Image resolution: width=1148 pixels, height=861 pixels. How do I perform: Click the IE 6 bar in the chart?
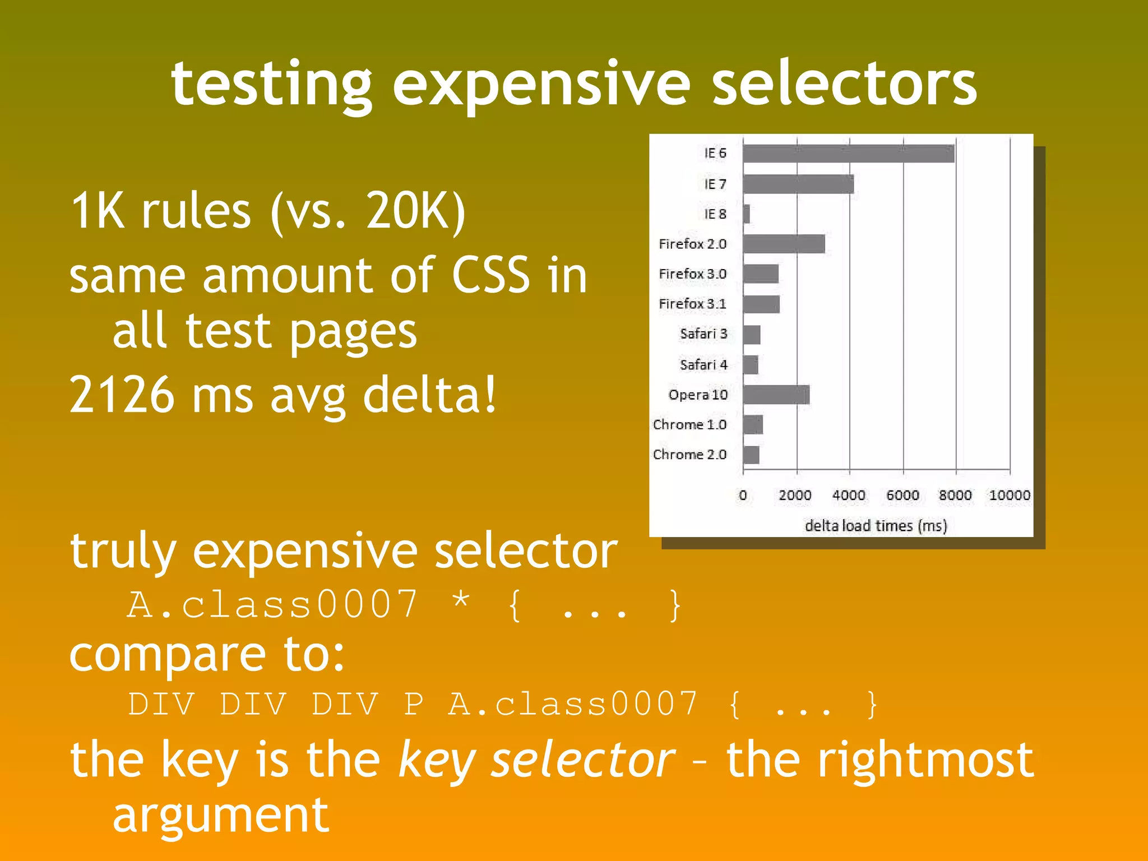848,154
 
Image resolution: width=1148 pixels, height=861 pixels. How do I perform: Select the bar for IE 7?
798,184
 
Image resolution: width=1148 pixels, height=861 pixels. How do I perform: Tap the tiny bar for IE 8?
747,214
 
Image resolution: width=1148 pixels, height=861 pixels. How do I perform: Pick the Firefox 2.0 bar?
784,244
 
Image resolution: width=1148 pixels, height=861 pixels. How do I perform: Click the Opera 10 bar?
776,395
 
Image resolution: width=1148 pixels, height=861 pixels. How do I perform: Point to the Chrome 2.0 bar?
751,455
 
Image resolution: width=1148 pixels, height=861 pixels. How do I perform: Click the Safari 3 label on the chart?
703,334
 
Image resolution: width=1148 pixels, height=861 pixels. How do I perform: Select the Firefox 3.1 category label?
692,304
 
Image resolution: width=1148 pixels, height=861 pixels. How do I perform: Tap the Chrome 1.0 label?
689,424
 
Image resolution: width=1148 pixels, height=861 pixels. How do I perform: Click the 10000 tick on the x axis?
1009,496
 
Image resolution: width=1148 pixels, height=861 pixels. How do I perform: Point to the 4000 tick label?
849,496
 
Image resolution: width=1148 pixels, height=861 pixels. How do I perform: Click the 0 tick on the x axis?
743,496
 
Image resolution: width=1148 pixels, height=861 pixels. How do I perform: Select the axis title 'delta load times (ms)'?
876,526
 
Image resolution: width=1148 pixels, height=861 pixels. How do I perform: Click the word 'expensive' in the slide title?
541,84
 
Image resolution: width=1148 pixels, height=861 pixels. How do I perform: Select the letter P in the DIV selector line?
413,704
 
